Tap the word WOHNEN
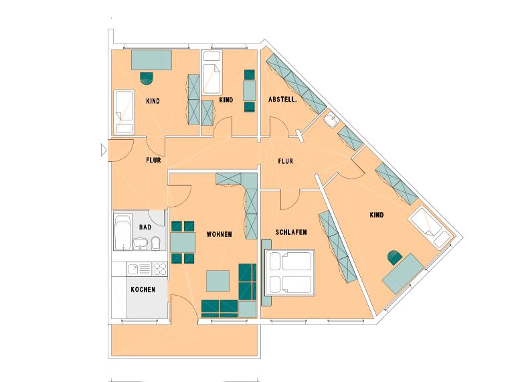[220, 235]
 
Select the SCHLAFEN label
[291, 232]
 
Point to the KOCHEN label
[143, 290]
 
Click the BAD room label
[145, 227]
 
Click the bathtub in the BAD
[122, 232]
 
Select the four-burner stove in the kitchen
[159, 270]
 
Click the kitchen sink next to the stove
[135, 270]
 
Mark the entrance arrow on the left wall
[103, 151]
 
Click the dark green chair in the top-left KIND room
[147, 78]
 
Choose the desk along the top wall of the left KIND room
[152, 60]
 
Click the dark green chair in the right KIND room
[394, 257]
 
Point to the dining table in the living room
[182, 241]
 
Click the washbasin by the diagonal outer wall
[331, 121]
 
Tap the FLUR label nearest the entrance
[155, 161]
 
